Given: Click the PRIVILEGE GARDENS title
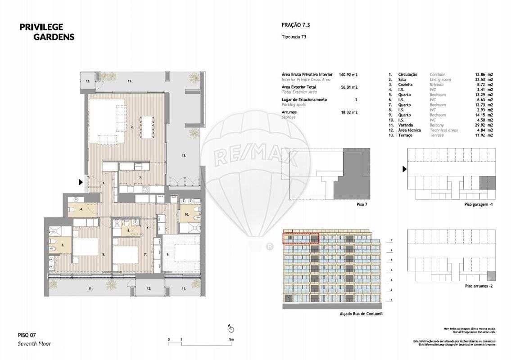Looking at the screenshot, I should tap(47, 32).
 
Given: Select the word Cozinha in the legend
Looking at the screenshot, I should tap(406, 85).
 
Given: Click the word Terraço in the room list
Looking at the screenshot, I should tap(406, 135).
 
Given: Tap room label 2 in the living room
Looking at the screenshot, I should tap(132, 127).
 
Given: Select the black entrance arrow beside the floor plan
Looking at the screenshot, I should tap(81, 182).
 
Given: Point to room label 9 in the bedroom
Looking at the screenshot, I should tap(167, 255).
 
